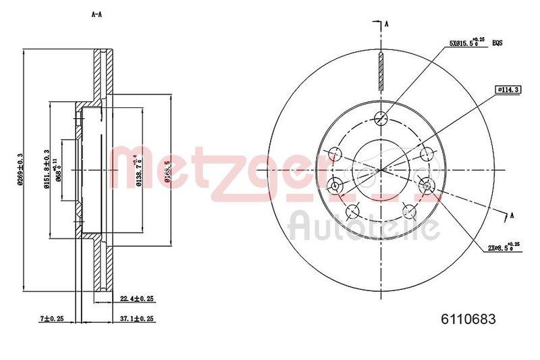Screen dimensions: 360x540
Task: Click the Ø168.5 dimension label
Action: pyautogui.click(x=167, y=172)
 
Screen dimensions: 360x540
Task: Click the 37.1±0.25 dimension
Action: pyautogui.click(x=137, y=317)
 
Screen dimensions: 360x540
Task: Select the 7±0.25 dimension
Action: pyautogui.click(x=51, y=317)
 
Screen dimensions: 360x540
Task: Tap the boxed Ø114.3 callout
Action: pyautogui.click(x=507, y=89)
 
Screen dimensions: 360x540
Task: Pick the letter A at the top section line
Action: pyautogui.click(x=387, y=25)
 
